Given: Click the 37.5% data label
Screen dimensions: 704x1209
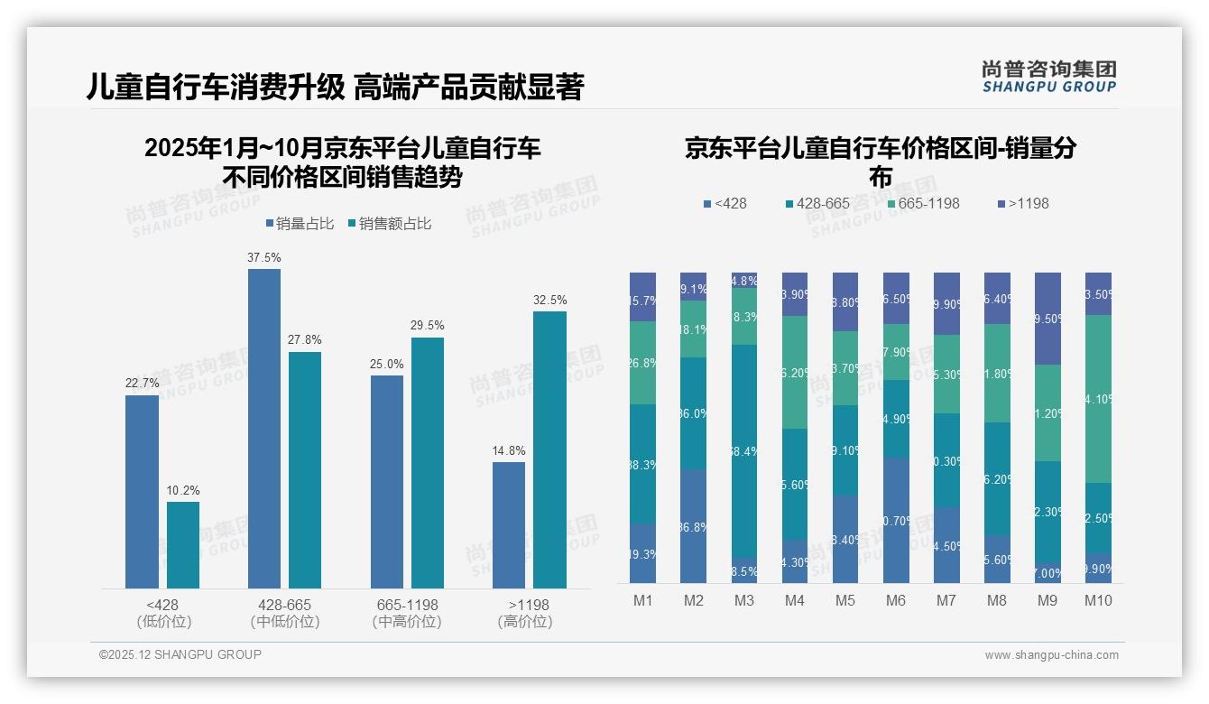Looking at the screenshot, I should click(x=263, y=258).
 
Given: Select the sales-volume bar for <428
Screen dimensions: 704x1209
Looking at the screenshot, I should click(x=142, y=492).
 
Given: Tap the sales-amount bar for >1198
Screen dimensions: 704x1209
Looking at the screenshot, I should click(x=549, y=449).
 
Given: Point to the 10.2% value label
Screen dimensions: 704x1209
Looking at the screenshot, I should click(x=183, y=491).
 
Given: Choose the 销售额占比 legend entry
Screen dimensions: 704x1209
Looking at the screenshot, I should click(x=389, y=224).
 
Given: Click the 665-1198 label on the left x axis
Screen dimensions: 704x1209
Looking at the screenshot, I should click(x=406, y=605).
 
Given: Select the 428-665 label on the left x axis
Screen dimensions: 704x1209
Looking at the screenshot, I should click(x=284, y=605).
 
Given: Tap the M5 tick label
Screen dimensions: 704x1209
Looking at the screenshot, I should click(x=845, y=600).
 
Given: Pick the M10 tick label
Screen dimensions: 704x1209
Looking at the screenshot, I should click(x=1098, y=600).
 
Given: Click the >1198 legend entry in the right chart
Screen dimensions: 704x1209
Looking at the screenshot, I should click(x=1023, y=204).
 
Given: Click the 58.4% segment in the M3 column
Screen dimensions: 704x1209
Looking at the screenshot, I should click(x=744, y=450).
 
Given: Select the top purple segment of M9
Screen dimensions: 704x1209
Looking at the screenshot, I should click(x=1047, y=319).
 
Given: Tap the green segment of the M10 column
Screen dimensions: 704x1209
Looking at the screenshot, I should click(x=1098, y=398).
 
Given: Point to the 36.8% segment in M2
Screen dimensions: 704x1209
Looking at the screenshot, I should click(x=694, y=526).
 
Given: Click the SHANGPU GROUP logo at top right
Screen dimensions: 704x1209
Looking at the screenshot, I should click(x=1048, y=77).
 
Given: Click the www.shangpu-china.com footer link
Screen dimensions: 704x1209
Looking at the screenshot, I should click(x=1051, y=655).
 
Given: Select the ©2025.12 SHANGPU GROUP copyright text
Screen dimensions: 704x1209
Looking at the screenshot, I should click(x=180, y=654).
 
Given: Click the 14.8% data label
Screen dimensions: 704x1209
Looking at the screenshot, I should click(x=509, y=451).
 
